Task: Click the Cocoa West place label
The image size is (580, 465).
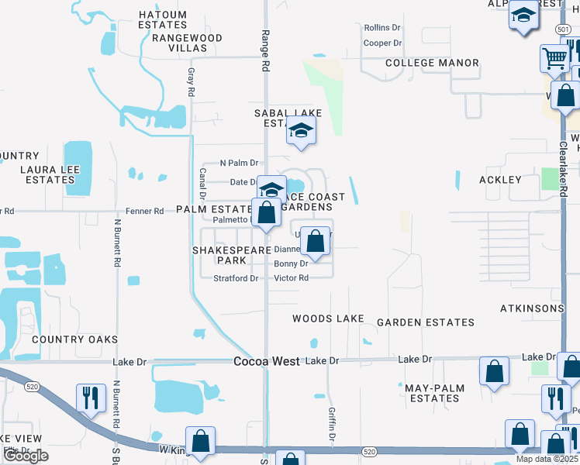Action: click(267, 361)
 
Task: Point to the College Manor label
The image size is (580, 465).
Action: click(432, 63)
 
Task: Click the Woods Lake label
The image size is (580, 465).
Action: click(328, 319)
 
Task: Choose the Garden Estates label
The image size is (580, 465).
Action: click(425, 322)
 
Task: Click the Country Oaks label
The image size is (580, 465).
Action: click(74, 339)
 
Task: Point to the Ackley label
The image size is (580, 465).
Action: click(500, 180)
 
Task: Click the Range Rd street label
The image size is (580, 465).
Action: click(264, 51)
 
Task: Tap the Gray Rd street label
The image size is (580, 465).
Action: click(191, 81)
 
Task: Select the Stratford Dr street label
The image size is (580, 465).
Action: click(236, 278)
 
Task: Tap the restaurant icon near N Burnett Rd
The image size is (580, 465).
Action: click(91, 398)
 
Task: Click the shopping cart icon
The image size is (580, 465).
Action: click(555, 57)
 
